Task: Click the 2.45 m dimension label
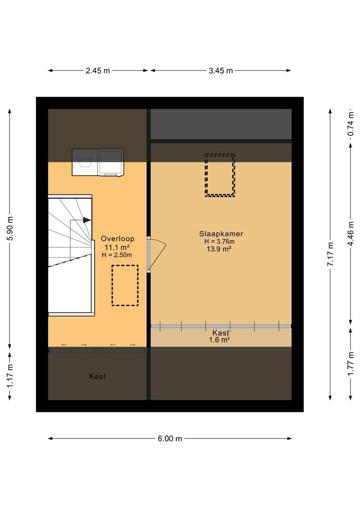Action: (98, 70)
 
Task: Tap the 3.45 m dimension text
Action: (221, 70)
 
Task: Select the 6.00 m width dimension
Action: (170, 439)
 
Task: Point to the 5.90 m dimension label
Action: (10, 228)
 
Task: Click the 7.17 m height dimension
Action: (330, 254)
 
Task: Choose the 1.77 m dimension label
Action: (351, 363)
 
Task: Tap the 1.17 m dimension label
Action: (10, 375)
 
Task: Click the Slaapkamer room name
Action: (221, 234)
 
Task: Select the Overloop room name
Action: (117, 238)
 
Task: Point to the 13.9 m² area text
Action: (219, 249)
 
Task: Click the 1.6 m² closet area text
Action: (220, 340)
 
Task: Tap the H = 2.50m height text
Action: (117, 255)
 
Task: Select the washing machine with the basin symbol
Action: (85, 162)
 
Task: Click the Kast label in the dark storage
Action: (98, 376)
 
